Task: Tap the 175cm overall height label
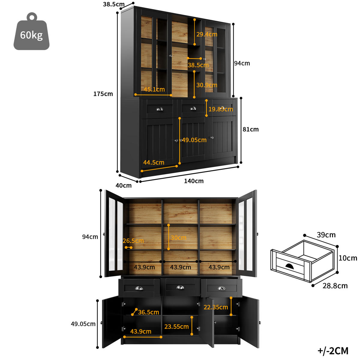tap(103, 94)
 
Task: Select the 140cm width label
tap(194, 181)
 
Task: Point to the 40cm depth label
tap(124, 185)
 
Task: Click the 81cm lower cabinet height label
tap(250, 129)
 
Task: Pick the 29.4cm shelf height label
tap(207, 34)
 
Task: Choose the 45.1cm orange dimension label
tap(154, 89)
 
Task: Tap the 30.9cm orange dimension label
tap(207, 85)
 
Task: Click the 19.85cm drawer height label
tap(220, 109)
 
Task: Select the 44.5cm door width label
tap(154, 163)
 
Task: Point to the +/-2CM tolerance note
tap(333, 350)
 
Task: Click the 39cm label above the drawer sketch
tap(326, 235)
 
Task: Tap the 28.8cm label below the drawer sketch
tap(335, 286)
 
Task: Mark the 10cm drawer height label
tap(348, 258)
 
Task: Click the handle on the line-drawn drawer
tap(290, 266)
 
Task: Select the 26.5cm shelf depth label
tap(133, 241)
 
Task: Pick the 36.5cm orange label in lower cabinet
tap(148, 312)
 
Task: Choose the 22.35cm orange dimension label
tap(216, 307)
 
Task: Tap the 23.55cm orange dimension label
tap(176, 327)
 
